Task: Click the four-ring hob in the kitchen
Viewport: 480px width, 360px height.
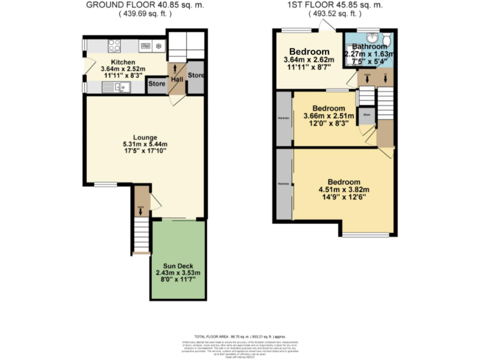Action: click(114, 44)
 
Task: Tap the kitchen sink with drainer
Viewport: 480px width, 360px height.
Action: click(117, 87)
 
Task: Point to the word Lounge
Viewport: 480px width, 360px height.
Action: click(144, 137)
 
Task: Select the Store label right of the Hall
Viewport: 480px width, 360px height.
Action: click(196, 76)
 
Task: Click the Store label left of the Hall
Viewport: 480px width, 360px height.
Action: click(156, 83)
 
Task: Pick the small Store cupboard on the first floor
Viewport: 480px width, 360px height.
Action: click(366, 115)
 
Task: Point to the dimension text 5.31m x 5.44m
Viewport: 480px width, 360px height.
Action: click(144, 144)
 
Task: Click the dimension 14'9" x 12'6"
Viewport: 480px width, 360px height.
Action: click(343, 198)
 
